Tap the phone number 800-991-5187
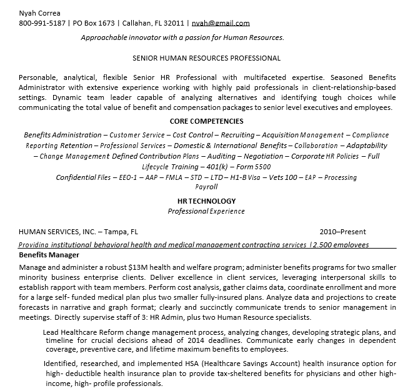(41, 23)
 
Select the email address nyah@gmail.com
(221, 23)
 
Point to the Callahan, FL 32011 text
(154, 23)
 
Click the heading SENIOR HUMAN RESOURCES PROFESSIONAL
(206, 58)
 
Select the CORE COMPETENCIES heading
(206, 121)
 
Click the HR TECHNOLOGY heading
(206, 201)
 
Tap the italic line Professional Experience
(206, 211)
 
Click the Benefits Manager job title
(49, 255)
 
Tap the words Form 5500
(254, 167)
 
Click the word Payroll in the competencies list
(206, 187)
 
